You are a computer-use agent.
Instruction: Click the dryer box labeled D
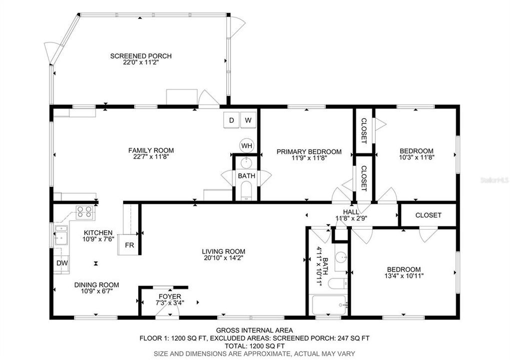tap(231, 120)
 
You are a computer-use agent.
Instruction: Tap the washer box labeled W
tap(248, 120)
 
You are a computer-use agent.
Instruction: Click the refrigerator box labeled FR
tap(129, 245)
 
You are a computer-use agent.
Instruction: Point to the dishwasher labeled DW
tap(62, 263)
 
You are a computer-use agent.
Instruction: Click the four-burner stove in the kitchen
tap(85, 213)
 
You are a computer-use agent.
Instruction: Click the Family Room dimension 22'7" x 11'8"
tap(151, 157)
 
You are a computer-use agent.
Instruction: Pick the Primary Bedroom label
tap(309, 151)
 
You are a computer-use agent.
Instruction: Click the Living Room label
tap(223, 251)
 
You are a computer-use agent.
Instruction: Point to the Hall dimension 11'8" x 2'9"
tap(352, 218)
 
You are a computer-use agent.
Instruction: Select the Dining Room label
tap(96, 284)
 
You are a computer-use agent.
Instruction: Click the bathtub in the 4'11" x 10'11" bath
tap(329, 304)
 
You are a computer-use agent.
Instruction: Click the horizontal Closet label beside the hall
tap(428, 215)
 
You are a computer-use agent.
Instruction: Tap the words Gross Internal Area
tap(254, 330)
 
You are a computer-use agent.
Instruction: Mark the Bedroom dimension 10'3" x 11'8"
tap(416, 157)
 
